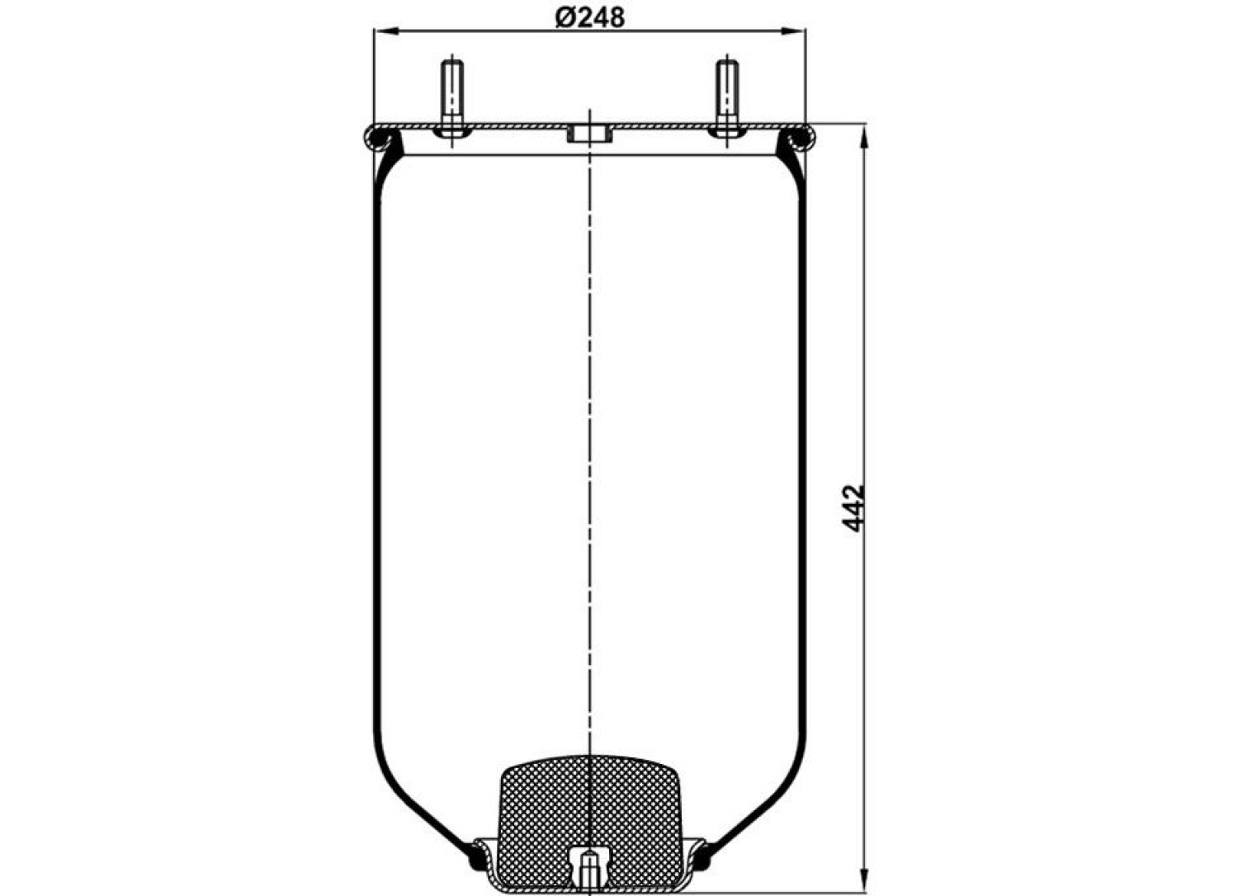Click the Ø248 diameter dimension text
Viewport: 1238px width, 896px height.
(590, 18)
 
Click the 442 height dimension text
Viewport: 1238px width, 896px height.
(854, 508)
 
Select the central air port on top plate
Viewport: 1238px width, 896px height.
(590, 135)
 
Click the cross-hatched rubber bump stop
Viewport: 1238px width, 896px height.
(590, 823)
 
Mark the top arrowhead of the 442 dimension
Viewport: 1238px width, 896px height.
(864, 136)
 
